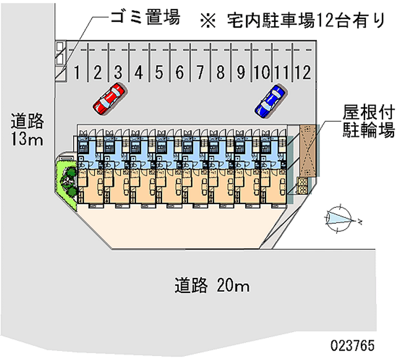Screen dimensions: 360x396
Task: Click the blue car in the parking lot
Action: [x=270, y=101]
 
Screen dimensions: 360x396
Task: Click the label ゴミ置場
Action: [x=144, y=19]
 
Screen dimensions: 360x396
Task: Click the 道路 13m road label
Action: [x=28, y=130]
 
